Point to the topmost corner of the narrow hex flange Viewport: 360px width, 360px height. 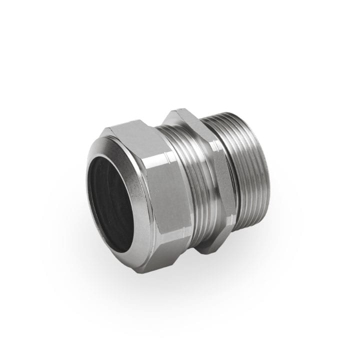tap(172, 111)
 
